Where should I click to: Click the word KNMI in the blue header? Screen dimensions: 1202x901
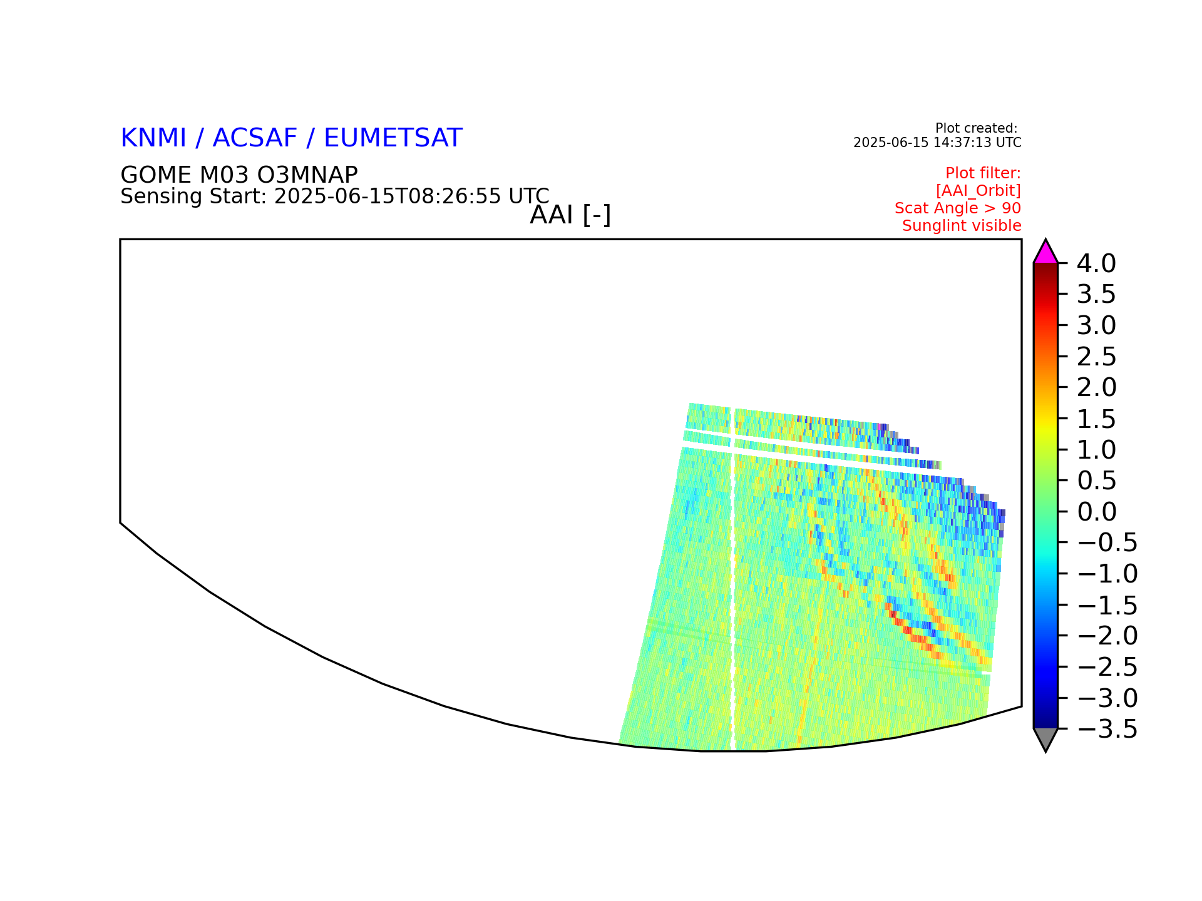click(x=153, y=138)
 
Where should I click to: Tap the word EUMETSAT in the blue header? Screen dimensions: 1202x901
click(x=393, y=138)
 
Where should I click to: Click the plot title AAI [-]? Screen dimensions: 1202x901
click(x=570, y=215)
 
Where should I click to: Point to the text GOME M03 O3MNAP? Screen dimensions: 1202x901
click(x=239, y=175)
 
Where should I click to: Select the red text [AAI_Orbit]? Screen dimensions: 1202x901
click(x=979, y=190)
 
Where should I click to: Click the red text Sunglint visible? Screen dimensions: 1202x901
click(x=962, y=226)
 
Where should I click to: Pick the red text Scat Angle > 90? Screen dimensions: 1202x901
click(x=958, y=208)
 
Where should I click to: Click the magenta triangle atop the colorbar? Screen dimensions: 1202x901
click(x=1045, y=252)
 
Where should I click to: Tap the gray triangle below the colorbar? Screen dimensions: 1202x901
click(x=1045, y=740)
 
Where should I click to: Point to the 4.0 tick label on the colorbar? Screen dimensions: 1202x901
click(x=1096, y=264)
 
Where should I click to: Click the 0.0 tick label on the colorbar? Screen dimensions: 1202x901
click(x=1096, y=512)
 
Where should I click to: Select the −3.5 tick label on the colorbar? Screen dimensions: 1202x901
click(x=1107, y=729)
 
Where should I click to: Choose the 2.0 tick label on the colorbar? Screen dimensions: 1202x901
click(x=1096, y=388)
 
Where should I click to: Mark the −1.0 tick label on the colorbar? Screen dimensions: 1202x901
click(x=1107, y=574)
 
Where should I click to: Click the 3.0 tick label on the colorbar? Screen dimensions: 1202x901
click(x=1096, y=326)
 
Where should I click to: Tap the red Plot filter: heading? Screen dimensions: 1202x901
click(x=983, y=173)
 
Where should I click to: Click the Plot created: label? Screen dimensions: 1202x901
click(x=976, y=128)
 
